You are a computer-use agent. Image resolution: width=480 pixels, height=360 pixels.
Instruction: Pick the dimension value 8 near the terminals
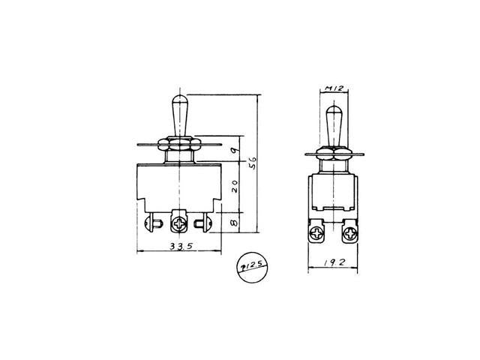coord(235,223)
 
